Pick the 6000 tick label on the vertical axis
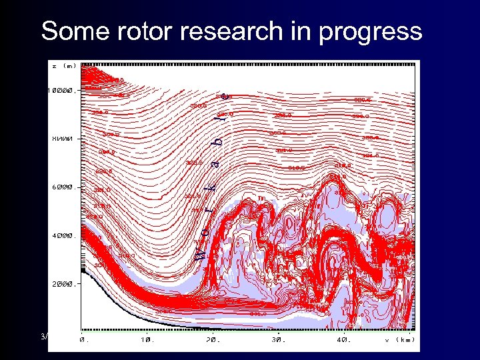pyautogui.click(x=65, y=187)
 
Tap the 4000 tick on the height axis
pyautogui.click(x=65, y=235)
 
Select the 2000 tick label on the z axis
pyautogui.click(x=65, y=283)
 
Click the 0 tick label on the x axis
pyautogui.click(x=83, y=339)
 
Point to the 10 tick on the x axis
pyautogui.click(x=147, y=339)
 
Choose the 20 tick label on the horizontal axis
pyautogui.click(x=212, y=339)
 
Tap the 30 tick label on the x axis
pyautogui.click(x=277, y=339)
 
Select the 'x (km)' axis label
pyautogui.click(x=399, y=339)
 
